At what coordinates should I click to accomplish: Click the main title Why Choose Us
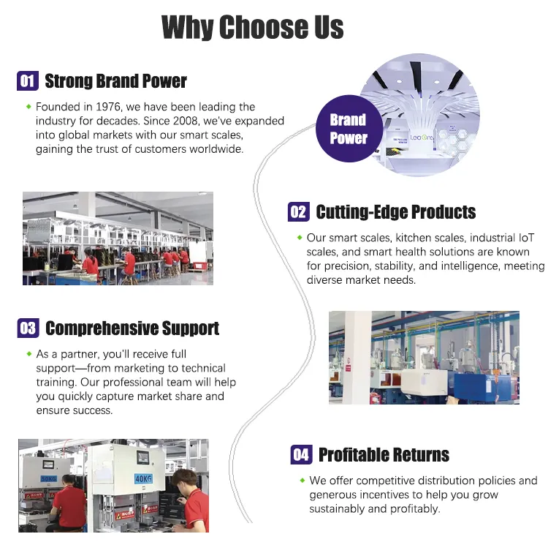(252, 28)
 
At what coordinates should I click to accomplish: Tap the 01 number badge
(27, 80)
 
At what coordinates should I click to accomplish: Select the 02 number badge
(298, 212)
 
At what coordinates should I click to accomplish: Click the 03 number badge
(28, 328)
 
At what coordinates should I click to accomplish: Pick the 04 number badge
(301, 454)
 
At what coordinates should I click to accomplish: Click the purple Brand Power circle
(348, 129)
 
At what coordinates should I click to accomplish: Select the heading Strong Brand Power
(115, 80)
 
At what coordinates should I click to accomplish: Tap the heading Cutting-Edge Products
(395, 212)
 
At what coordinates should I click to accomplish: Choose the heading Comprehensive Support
(132, 328)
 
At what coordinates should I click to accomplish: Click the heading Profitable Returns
(384, 454)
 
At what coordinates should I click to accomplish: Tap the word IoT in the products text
(525, 238)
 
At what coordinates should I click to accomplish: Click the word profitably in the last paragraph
(411, 508)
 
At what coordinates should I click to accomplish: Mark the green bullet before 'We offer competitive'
(302, 481)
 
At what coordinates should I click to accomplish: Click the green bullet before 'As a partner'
(28, 354)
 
